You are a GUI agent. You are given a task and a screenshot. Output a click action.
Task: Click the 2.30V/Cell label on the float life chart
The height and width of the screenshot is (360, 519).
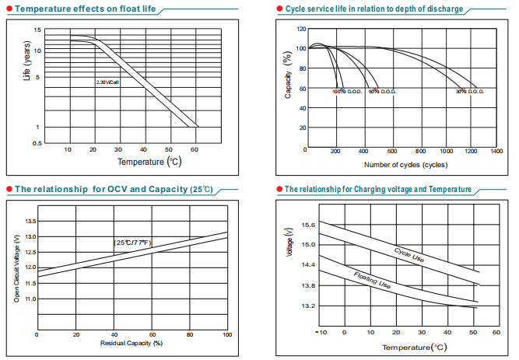107,82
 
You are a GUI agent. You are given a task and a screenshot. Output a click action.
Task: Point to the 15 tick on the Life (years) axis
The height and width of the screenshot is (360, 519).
37,30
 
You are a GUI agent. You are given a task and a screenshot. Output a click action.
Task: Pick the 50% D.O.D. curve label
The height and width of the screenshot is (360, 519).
381,92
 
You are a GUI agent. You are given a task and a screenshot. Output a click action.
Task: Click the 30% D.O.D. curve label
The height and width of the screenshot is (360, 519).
470,92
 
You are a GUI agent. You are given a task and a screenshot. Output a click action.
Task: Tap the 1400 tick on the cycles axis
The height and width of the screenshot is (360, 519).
496,151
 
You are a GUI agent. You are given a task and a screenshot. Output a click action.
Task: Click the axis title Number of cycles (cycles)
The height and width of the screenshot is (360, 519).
405,165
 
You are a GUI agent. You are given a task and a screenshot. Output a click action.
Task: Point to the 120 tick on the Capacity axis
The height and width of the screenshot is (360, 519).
300,29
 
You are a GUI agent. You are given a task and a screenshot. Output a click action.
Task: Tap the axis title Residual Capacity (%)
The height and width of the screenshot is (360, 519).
132,343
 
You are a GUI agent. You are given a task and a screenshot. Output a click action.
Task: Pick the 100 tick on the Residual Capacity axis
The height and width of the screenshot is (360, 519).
226,334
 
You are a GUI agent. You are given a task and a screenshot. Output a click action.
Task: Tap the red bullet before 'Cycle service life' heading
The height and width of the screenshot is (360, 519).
279,9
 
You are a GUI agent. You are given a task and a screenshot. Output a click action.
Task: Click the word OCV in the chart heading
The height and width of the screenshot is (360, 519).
110,189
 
